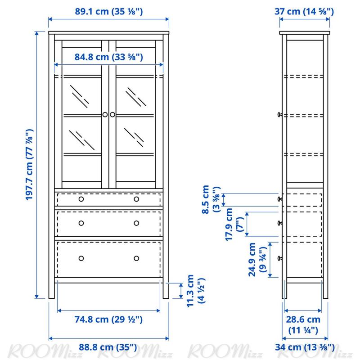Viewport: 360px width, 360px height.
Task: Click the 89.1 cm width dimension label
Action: [x=109, y=12]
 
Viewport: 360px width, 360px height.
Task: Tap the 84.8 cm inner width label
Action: [x=109, y=57]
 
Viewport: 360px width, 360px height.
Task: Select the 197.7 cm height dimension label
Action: [x=29, y=165]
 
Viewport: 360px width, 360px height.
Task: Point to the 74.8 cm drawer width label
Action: [x=108, y=319]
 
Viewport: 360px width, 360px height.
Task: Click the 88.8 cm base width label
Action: [x=108, y=347]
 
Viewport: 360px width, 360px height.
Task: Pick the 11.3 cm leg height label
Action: [x=195, y=291]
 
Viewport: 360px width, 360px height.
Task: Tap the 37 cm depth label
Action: [x=304, y=12]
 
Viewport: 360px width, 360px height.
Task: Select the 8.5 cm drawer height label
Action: [x=211, y=199]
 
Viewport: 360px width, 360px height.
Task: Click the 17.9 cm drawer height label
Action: [x=234, y=224]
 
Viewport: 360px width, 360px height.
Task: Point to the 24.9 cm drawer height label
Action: [x=257, y=260]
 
